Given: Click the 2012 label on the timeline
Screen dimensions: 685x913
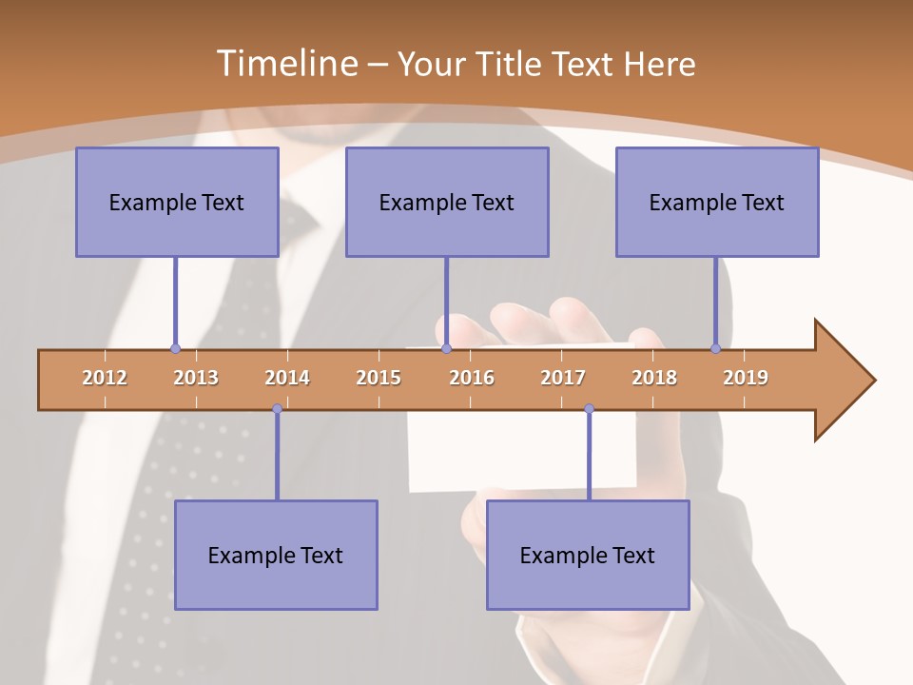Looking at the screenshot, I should [105, 378].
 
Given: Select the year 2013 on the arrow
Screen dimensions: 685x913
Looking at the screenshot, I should [196, 378].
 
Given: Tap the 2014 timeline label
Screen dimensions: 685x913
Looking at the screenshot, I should [287, 378].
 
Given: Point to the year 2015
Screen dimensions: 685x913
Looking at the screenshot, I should [379, 378].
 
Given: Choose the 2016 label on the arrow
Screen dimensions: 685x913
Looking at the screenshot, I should [472, 378].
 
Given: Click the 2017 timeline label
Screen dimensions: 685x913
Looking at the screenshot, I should [563, 378].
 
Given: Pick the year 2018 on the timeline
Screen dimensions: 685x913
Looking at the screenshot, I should [654, 378].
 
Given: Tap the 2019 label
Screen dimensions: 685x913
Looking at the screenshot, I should [746, 378].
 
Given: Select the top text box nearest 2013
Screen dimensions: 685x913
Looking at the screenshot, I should [177, 202].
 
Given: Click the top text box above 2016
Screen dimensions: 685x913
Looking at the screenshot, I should [447, 202].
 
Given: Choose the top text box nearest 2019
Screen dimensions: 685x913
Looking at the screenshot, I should [717, 202].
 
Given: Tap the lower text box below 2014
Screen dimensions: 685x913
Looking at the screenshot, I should [276, 555].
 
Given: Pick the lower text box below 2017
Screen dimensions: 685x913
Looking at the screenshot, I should [588, 555].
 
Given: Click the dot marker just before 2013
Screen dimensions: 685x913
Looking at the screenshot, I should [175, 349].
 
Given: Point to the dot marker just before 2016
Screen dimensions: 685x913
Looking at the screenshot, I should [446, 349].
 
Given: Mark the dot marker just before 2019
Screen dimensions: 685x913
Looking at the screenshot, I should [715, 349].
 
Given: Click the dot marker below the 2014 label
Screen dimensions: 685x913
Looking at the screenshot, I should [277, 409].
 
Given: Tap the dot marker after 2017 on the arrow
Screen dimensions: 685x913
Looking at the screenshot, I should [589, 409].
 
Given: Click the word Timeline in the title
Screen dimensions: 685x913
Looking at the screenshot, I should [285, 64].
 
